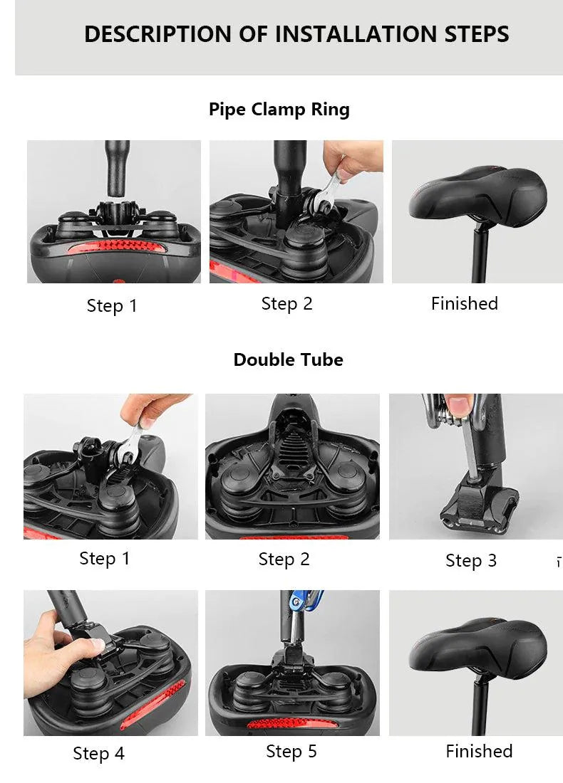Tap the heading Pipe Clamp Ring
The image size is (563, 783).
pyautogui.click(x=279, y=110)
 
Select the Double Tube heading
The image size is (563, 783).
pyautogui.click(x=288, y=359)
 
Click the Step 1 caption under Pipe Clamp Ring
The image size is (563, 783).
pyautogui.click(x=111, y=306)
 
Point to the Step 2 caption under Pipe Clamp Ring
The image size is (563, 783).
pyautogui.click(x=286, y=304)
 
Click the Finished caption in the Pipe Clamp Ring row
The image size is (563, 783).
pyautogui.click(x=464, y=304)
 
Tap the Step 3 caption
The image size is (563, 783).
pyautogui.click(x=470, y=561)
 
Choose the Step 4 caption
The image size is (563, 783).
pyautogui.click(x=98, y=753)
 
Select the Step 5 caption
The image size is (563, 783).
pyautogui.click(x=291, y=752)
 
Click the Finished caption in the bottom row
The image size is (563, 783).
pyautogui.click(x=478, y=752)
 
